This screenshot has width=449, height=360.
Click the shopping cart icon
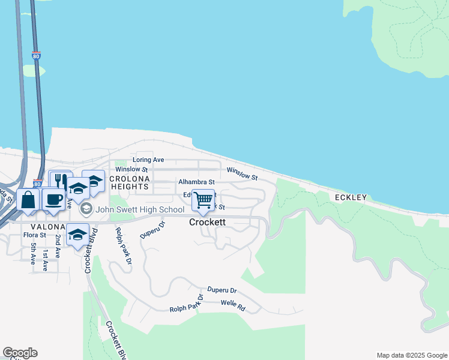(x=203, y=199)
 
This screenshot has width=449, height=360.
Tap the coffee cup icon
(x=53, y=199)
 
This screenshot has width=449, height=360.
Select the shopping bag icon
(x=28, y=200)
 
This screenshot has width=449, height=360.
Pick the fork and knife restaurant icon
(x=61, y=181)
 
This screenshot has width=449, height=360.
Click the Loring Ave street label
(x=148, y=160)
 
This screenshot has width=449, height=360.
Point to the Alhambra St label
(x=196, y=182)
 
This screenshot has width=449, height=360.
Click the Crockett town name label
(x=207, y=222)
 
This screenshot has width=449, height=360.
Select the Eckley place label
(x=351, y=197)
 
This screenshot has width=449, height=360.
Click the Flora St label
(x=35, y=235)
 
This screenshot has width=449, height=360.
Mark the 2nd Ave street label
(x=58, y=246)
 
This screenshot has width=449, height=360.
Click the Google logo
(x=20, y=353)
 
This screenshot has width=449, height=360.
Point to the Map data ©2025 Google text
(x=411, y=355)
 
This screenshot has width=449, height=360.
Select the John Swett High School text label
(x=140, y=209)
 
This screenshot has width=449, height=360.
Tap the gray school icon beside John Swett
(x=86, y=209)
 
